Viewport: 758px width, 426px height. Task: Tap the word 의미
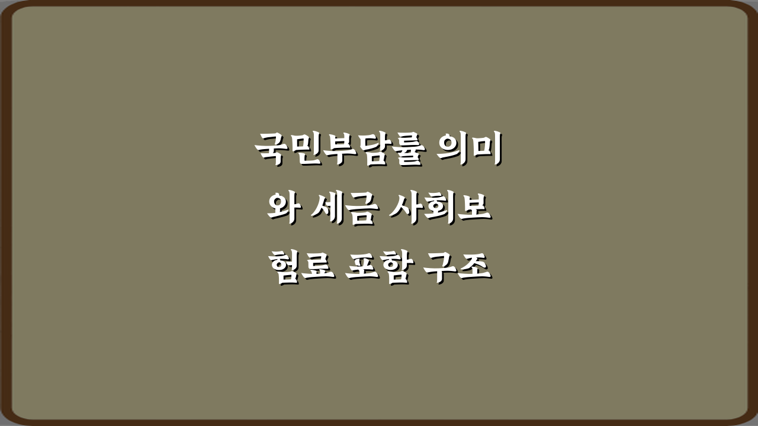coord(467,150)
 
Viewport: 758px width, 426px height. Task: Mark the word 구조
coord(457,270)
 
